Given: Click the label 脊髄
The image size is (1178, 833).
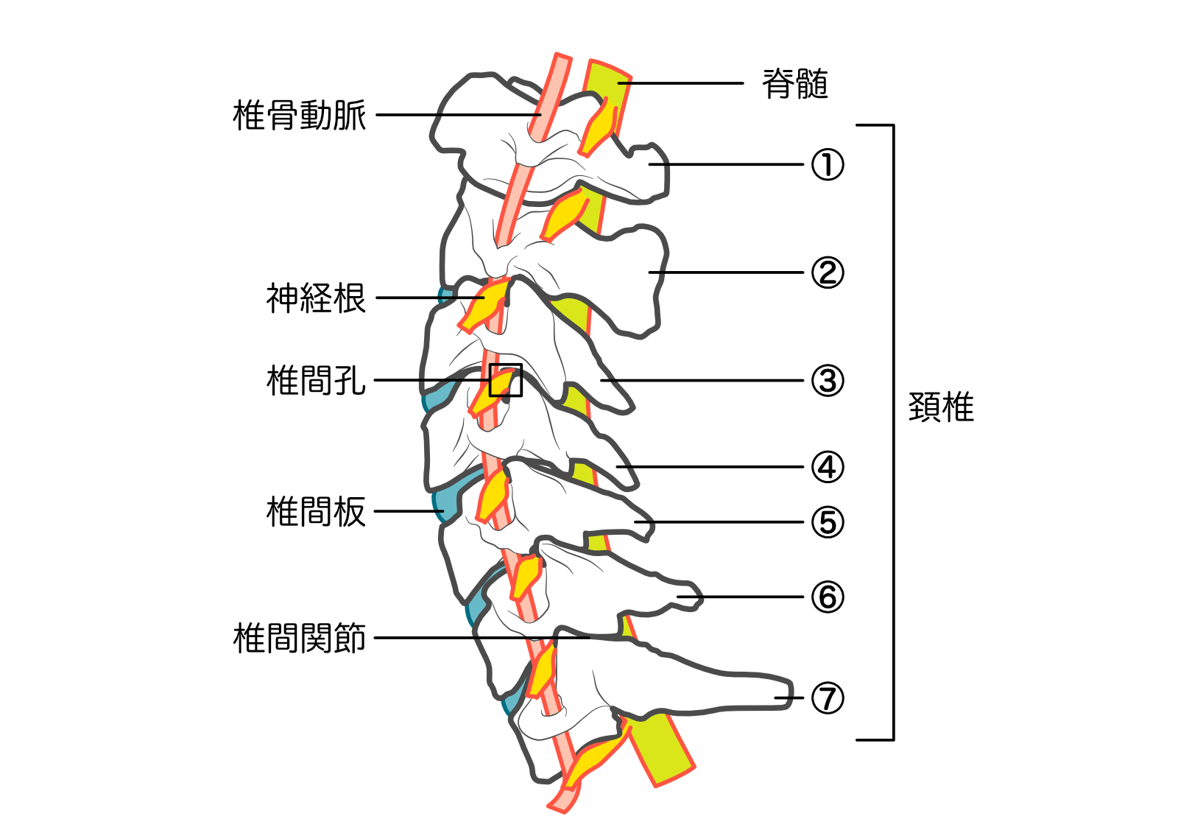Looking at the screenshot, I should click(794, 84).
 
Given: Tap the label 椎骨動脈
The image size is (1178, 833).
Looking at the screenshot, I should click(299, 116).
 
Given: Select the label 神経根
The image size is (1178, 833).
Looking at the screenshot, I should click(316, 298).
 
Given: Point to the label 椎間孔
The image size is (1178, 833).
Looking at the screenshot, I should click(316, 381).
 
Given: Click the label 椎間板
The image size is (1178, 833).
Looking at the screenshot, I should click(316, 511).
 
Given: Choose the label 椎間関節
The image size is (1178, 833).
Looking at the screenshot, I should click(299, 638).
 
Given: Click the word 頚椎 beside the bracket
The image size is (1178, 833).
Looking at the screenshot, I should click(941, 407).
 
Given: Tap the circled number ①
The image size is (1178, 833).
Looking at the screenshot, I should click(828, 164).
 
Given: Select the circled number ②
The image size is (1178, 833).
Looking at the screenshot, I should click(828, 273).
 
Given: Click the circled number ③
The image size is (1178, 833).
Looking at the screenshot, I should click(828, 381).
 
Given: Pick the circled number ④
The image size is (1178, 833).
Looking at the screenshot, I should click(828, 467).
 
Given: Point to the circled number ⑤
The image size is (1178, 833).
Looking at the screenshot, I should click(828, 522).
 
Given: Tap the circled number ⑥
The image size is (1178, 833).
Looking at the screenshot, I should click(828, 597).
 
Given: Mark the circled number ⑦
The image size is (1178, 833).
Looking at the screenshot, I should click(828, 697).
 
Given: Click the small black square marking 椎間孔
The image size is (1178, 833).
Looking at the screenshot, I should click(506, 380).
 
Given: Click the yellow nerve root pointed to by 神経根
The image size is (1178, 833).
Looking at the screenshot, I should click(487, 303).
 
